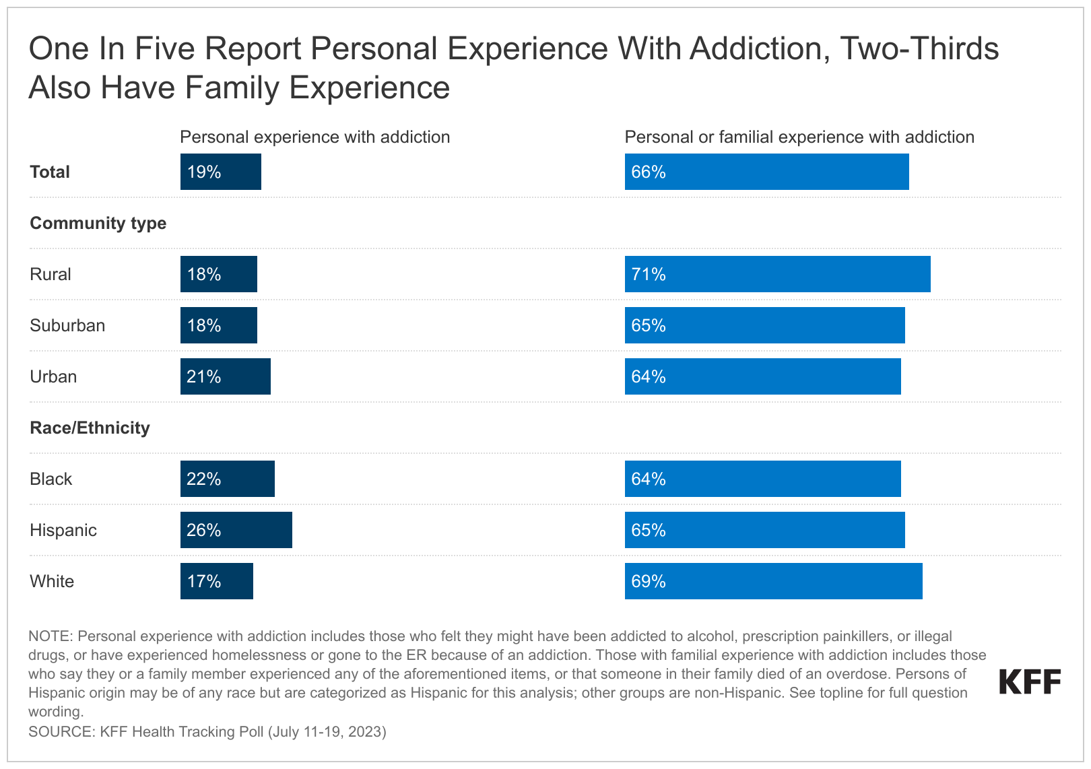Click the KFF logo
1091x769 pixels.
(x=1030, y=681)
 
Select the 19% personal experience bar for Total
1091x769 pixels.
(x=220, y=172)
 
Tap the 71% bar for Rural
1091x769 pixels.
(x=777, y=274)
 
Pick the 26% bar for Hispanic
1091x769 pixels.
(x=236, y=530)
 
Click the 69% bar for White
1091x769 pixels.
(x=773, y=581)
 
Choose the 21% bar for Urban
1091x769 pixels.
(x=225, y=376)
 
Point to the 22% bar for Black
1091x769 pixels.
(x=227, y=479)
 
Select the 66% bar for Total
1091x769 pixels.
(x=766, y=172)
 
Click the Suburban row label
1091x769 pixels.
(x=67, y=325)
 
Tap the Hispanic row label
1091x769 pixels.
(x=63, y=530)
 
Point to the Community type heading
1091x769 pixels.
(x=98, y=223)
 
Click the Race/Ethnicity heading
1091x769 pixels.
(x=90, y=428)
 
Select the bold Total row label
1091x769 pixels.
(x=50, y=172)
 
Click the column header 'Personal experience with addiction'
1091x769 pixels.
(x=315, y=137)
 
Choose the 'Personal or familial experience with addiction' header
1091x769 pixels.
(x=799, y=137)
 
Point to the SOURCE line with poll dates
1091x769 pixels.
(x=207, y=731)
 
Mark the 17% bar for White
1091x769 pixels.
(x=216, y=581)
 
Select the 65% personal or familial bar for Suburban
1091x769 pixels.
(x=764, y=325)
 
